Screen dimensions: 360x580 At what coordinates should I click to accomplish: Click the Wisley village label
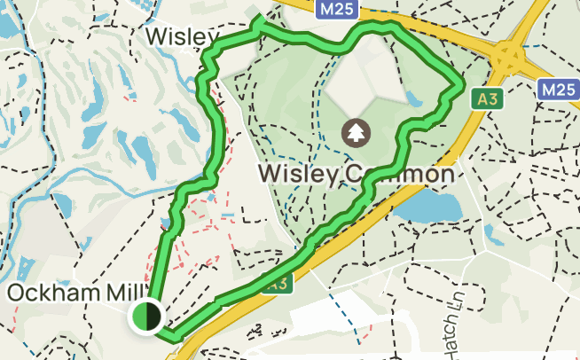coord(182,37)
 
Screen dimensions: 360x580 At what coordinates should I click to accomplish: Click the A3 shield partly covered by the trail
coord(278,285)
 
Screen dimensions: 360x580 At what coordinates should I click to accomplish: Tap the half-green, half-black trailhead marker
coord(145,317)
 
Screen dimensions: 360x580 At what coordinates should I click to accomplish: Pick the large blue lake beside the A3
coord(429,207)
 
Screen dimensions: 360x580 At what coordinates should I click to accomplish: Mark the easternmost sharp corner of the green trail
coord(462,86)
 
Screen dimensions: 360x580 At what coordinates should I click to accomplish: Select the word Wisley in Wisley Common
coord(296,175)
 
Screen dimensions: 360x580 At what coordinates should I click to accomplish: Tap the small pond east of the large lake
coord(490,234)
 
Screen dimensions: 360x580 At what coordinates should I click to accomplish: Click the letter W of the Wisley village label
coord(156,37)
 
